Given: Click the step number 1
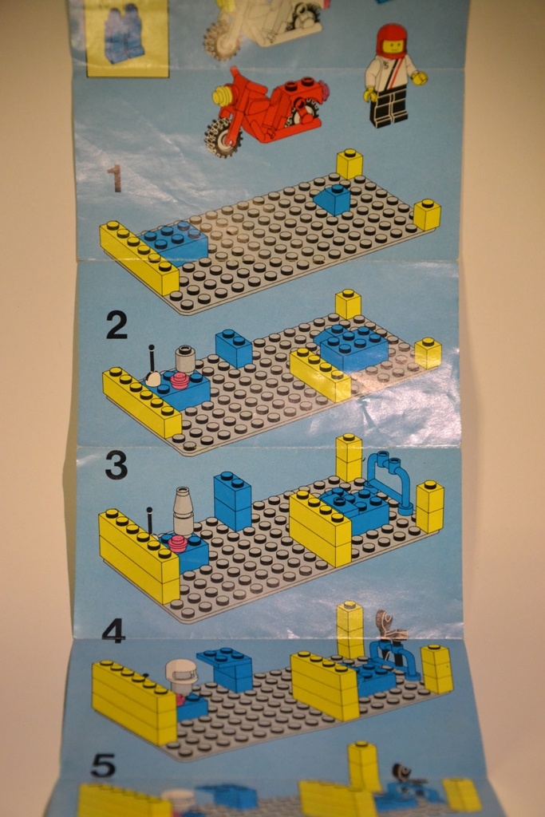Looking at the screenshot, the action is [x=115, y=179].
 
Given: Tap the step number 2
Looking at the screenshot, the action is [x=117, y=326].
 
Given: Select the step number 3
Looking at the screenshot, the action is [x=117, y=465].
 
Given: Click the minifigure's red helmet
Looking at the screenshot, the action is [x=392, y=41].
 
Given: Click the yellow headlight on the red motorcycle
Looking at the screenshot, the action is [x=223, y=96].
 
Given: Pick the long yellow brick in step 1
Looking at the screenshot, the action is [x=139, y=256].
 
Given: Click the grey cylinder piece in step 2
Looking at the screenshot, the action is [x=184, y=358].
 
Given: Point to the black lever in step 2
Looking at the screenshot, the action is [x=152, y=360].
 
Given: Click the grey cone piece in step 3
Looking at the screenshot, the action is [x=183, y=510].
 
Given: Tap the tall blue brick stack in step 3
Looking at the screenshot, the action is [x=233, y=500].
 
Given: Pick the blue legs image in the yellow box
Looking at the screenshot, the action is [x=124, y=32].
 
